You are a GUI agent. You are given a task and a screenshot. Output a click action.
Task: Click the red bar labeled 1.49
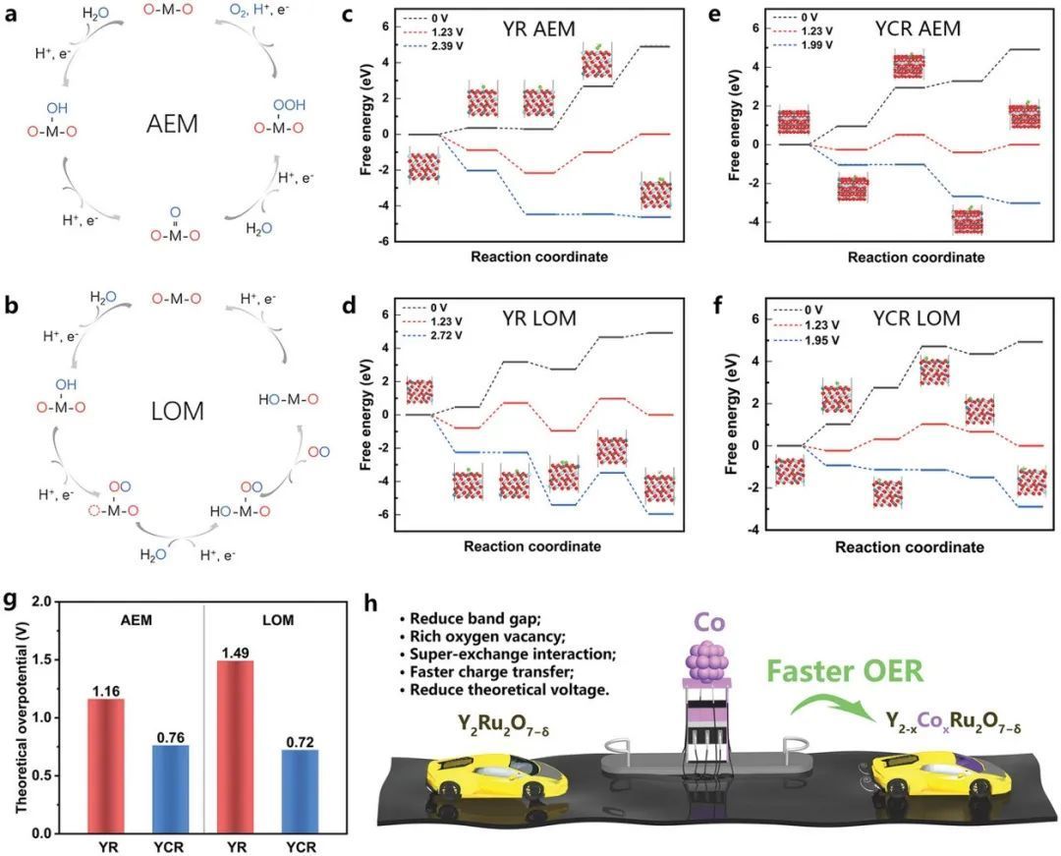point(227,747)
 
